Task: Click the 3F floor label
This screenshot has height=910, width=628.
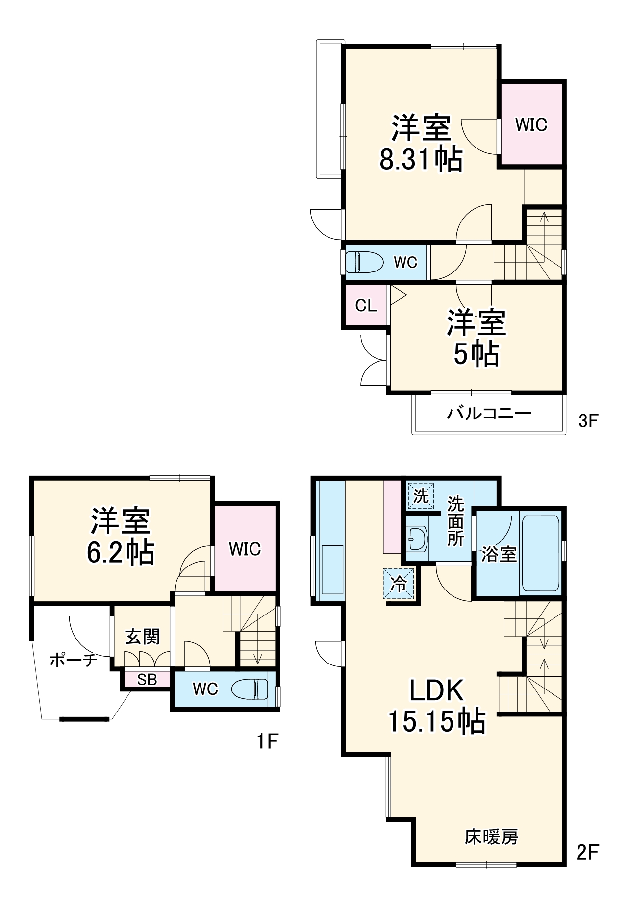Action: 588,420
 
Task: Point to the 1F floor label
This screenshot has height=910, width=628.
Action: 268,741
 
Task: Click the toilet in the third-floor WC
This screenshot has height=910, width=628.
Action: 364,262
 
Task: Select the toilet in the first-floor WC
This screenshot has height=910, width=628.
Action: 250,689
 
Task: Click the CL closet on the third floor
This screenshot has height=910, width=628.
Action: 366,306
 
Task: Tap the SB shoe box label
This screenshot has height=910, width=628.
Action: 147,680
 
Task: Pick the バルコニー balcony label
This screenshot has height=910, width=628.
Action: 489,413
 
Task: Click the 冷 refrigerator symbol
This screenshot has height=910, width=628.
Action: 399,583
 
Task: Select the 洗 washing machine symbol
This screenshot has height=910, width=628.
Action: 421,496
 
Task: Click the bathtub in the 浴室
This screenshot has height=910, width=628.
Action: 540,553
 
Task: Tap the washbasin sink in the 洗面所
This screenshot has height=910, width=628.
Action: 417,539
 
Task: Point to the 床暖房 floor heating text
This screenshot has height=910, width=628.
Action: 491,837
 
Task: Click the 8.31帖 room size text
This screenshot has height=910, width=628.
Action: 421,158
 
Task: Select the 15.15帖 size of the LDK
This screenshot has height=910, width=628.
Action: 437,721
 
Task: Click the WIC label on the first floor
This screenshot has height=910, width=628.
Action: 245,549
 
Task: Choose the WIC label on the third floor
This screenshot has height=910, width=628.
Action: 531,125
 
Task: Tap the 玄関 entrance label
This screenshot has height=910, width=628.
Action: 142,637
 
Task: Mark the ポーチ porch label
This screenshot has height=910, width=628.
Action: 74,661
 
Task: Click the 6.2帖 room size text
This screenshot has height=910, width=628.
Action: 121,552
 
